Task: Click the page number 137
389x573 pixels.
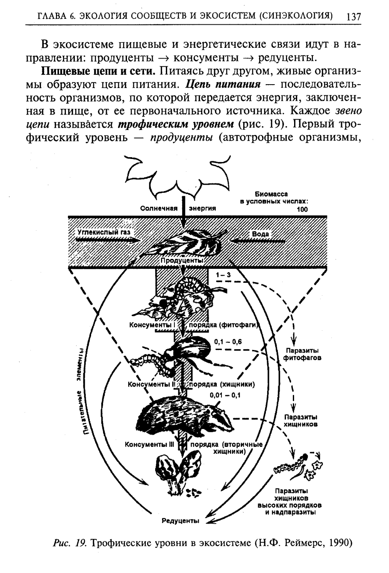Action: click(x=354, y=17)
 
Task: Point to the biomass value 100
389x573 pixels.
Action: click(x=301, y=209)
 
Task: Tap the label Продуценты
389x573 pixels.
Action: click(x=181, y=260)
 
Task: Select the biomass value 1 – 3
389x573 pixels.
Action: click(x=223, y=276)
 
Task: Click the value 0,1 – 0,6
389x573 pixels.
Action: click(x=228, y=342)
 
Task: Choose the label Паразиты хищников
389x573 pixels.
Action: click(x=300, y=420)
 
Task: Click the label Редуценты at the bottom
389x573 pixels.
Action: click(x=180, y=520)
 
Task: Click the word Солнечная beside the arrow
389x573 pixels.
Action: click(x=159, y=209)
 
